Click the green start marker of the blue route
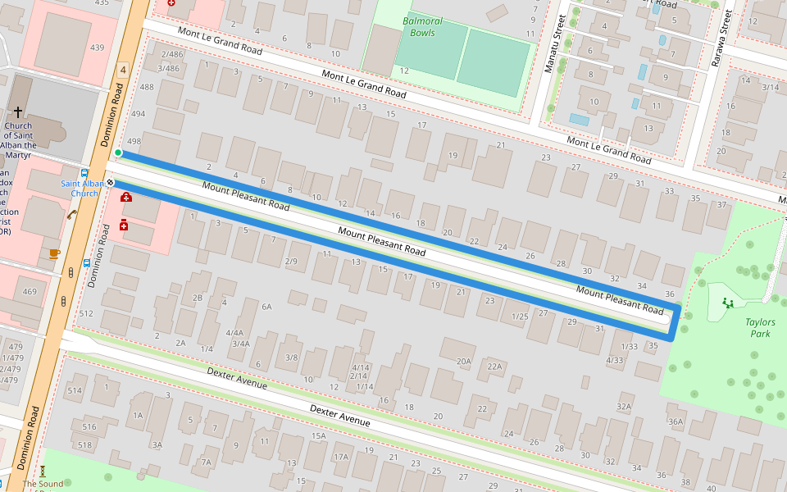118,153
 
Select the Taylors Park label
760,328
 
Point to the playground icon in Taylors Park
727,303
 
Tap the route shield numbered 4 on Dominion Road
123,71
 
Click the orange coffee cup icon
54,253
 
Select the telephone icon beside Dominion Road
72,215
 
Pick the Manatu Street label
550,43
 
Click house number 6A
266,307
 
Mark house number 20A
464,361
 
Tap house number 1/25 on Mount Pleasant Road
519,317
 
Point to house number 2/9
291,262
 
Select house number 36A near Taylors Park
676,421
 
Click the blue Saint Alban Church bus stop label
84,189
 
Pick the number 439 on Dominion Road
98,48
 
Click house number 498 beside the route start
134,141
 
